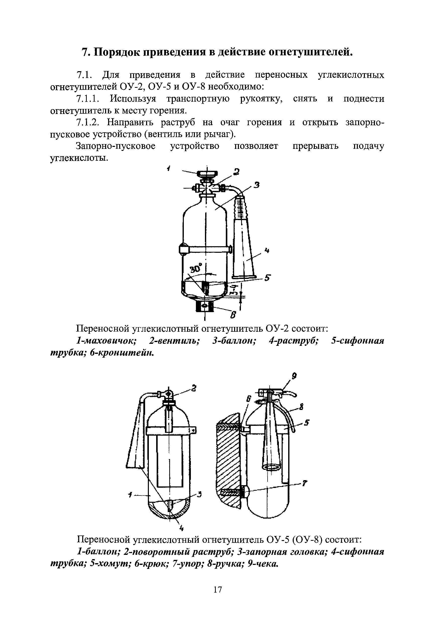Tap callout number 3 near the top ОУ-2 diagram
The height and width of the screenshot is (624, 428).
257,185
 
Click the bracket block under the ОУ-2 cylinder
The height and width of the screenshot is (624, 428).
205,306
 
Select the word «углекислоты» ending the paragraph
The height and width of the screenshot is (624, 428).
79,158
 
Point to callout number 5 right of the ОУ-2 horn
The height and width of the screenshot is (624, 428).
267,278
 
